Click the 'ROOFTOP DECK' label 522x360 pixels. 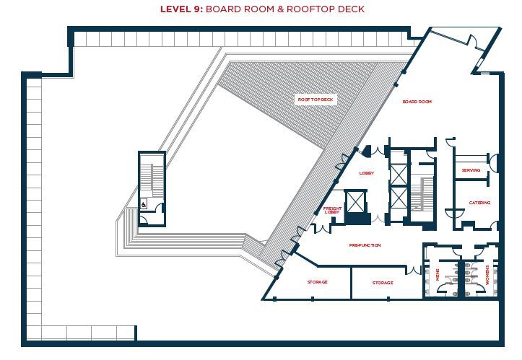pos(316,99)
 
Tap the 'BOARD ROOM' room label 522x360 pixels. pos(417,102)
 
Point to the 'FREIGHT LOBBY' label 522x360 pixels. pos(331,211)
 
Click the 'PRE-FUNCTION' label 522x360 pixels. pos(365,245)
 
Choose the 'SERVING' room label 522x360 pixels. pos(471,170)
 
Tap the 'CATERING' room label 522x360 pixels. pos(479,203)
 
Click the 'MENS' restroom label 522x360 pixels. pos(438,275)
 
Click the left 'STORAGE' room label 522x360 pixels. pos(317,282)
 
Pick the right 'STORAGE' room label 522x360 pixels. pos(383,283)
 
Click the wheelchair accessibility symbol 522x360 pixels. pos(144,205)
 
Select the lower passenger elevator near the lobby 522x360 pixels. pos(398,196)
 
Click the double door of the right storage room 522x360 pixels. pos(414,271)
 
